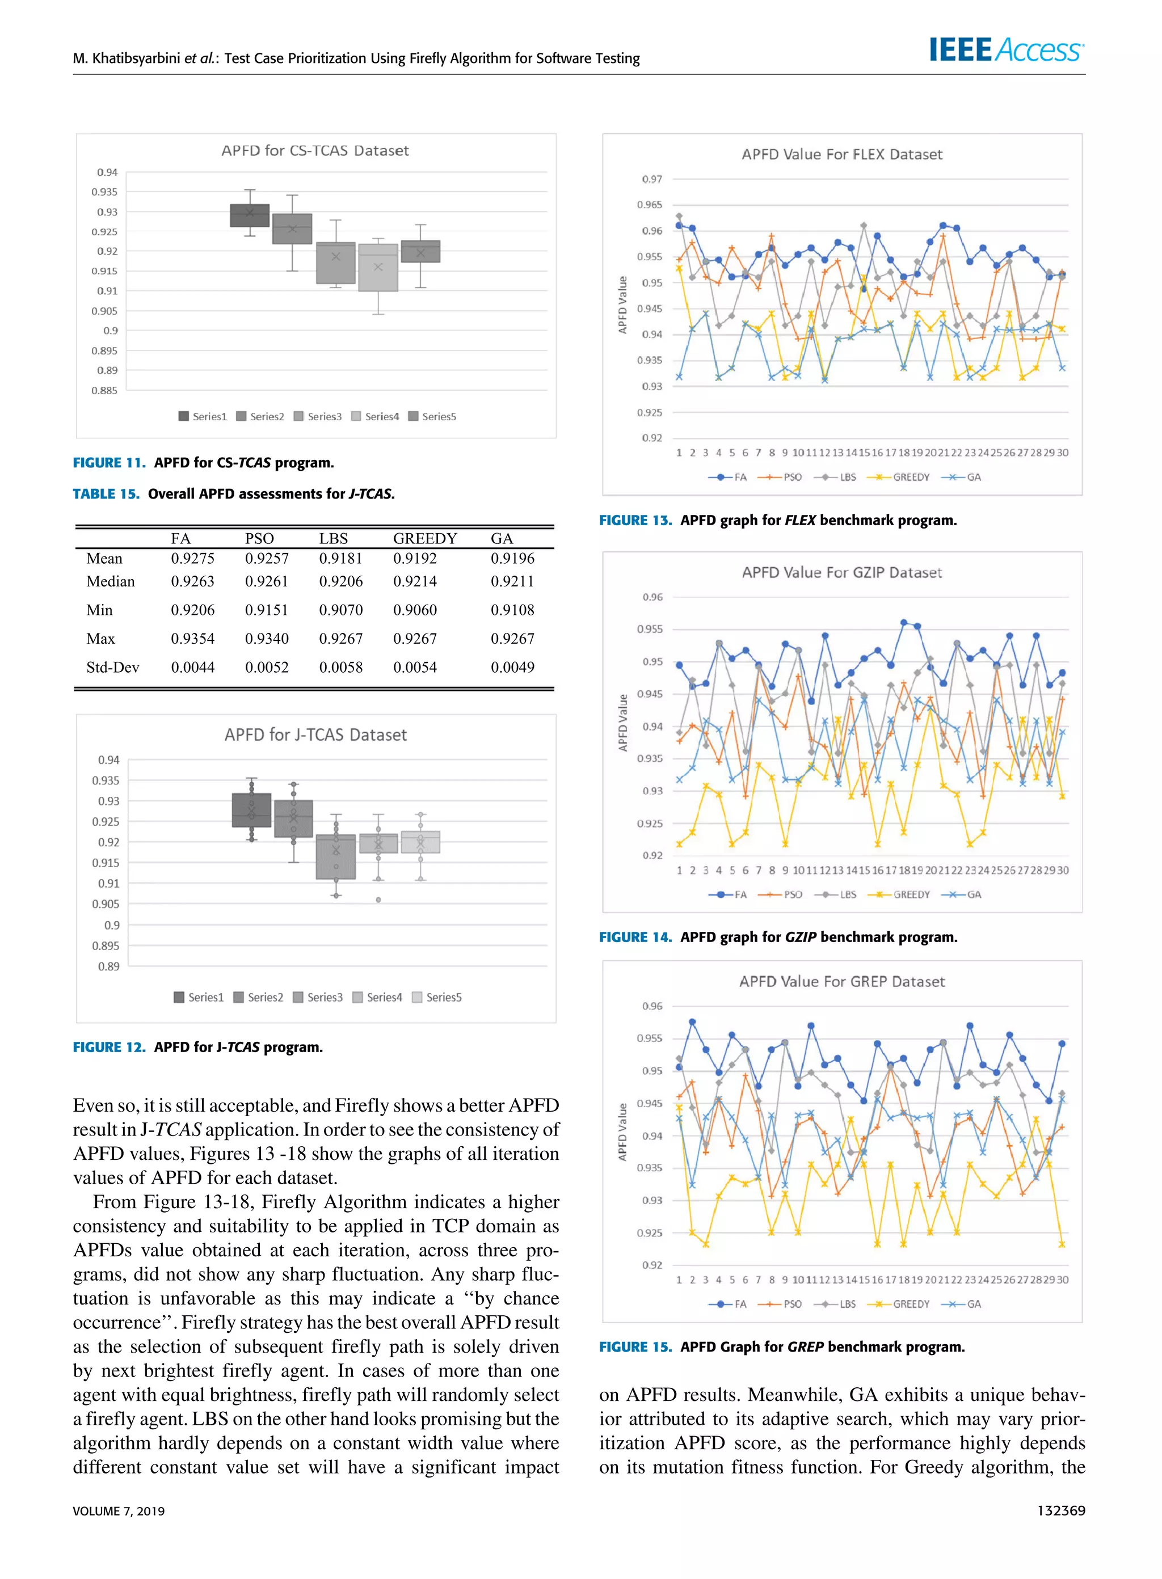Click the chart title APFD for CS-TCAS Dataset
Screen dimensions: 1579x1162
pyautogui.click(x=314, y=150)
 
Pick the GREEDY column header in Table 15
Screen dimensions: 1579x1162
pyautogui.click(x=425, y=538)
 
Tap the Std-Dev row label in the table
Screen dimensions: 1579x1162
pyautogui.click(x=112, y=667)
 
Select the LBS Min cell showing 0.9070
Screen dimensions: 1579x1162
pyautogui.click(x=340, y=610)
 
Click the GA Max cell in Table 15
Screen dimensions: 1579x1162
pyautogui.click(x=512, y=638)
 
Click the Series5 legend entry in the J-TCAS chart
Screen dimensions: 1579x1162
pyautogui.click(x=437, y=997)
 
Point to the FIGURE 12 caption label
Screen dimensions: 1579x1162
pyautogui.click(x=108, y=1047)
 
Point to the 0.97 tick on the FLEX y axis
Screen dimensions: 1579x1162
pyautogui.click(x=651, y=179)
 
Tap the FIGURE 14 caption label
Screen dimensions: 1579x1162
pyautogui.click(x=634, y=936)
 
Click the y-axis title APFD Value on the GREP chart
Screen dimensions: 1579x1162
pyautogui.click(x=622, y=1132)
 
